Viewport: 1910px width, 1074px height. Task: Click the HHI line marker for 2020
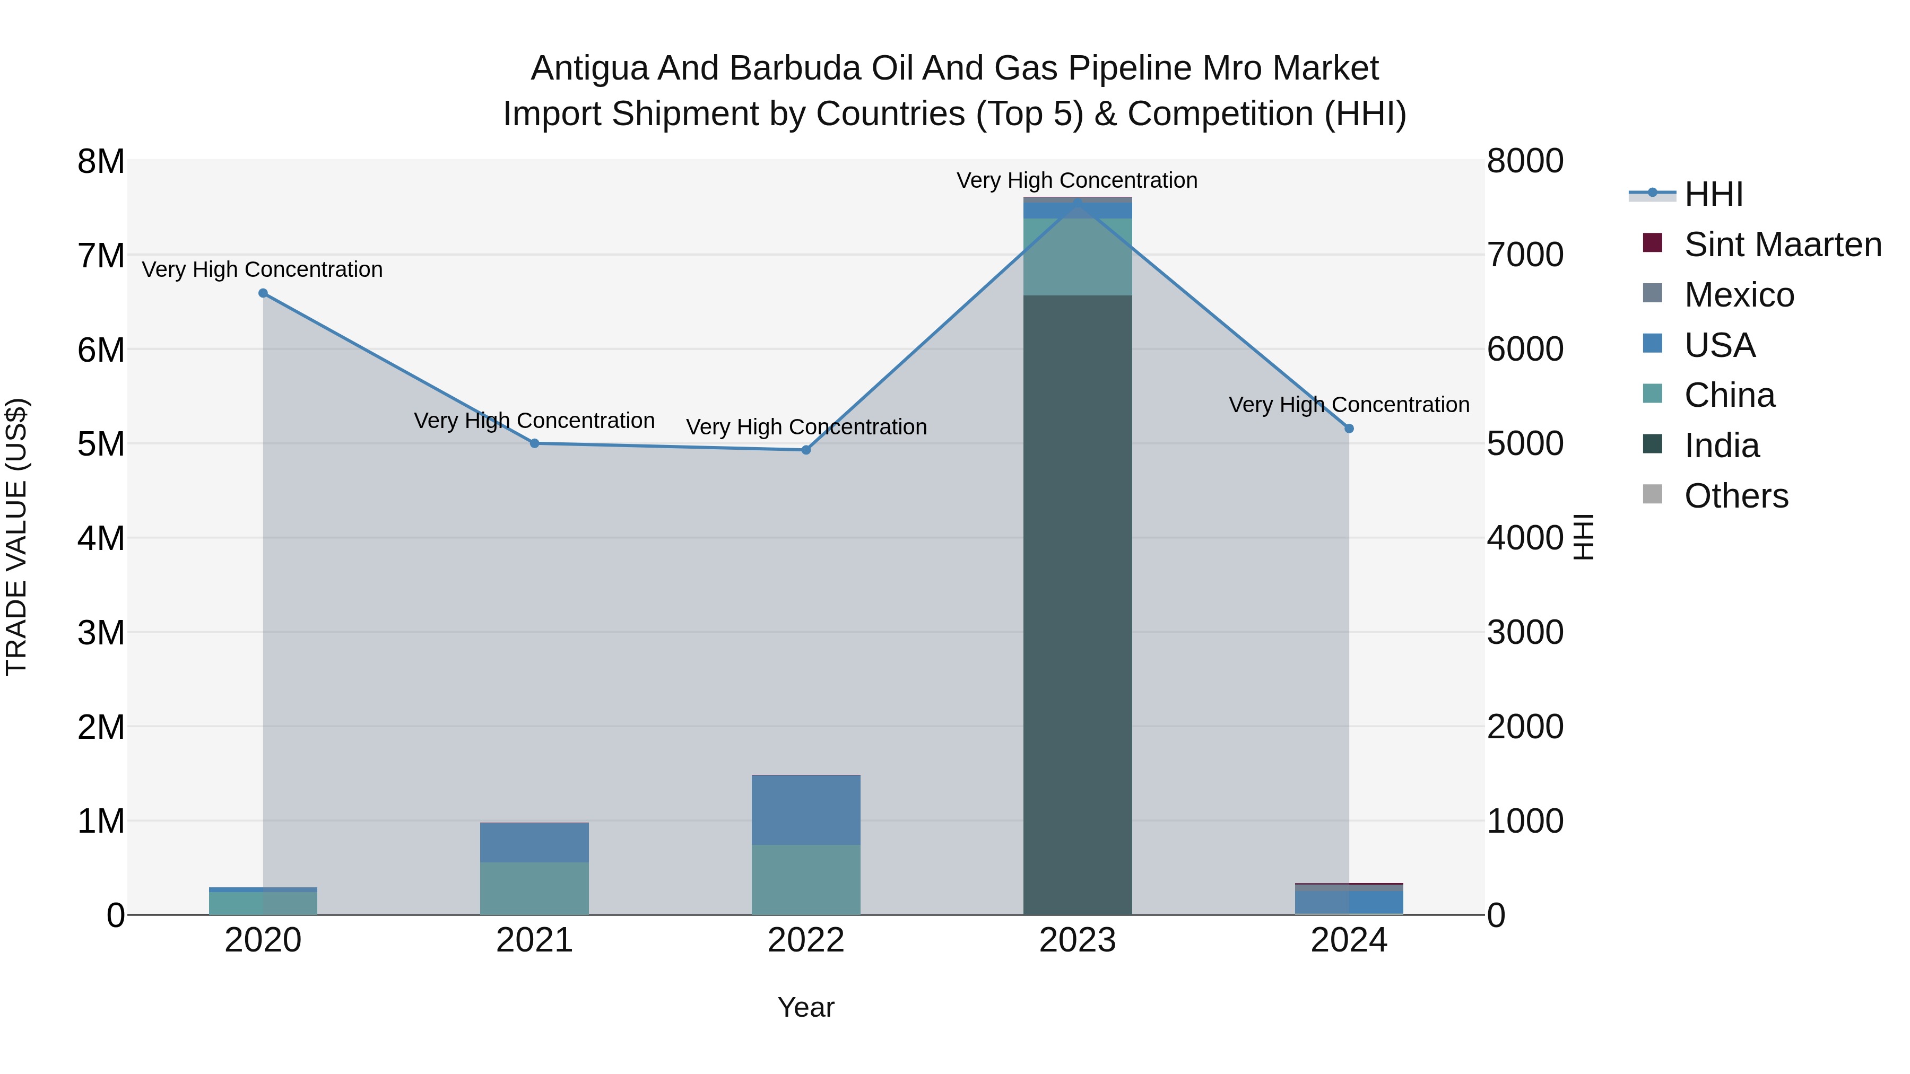(263, 293)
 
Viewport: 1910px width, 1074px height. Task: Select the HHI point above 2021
(535, 443)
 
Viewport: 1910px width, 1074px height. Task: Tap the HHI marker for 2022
(806, 450)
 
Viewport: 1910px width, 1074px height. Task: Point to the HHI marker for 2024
(1349, 429)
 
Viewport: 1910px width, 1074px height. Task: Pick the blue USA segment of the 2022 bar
(806, 809)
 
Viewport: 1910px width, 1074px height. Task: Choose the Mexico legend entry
(1739, 295)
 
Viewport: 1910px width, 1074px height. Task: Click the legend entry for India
(1721, 446)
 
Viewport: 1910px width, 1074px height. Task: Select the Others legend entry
(1736, 496)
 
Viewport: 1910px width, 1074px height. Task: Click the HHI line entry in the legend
(1713, 194)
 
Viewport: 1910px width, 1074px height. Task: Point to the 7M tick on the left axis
(101, 256)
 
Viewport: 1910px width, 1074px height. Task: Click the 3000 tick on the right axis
(1525, 632)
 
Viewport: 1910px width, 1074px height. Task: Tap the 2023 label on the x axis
(1078, 940)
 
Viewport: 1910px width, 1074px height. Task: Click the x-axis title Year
(806, 1007)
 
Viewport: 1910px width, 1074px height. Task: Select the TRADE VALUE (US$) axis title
(16, 537)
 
